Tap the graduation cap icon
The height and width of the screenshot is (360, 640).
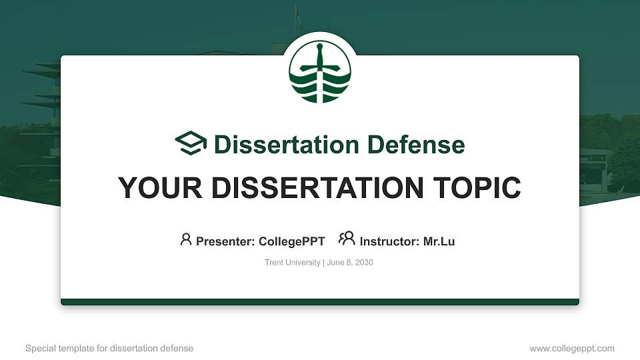[191, 143]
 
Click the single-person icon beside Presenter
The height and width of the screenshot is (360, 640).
[186, 239]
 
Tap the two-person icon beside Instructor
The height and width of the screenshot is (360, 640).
[347, 239]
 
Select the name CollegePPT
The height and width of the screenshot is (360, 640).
[291, 241]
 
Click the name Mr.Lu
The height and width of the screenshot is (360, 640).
[439, 241]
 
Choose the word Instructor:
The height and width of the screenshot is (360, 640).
[390, 241]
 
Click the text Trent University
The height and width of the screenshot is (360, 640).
[293, 263]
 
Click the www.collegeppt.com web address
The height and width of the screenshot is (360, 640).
[572, 349]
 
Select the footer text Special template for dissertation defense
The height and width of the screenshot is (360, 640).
[109, 349]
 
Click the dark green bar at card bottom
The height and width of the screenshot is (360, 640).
[320, 302]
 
